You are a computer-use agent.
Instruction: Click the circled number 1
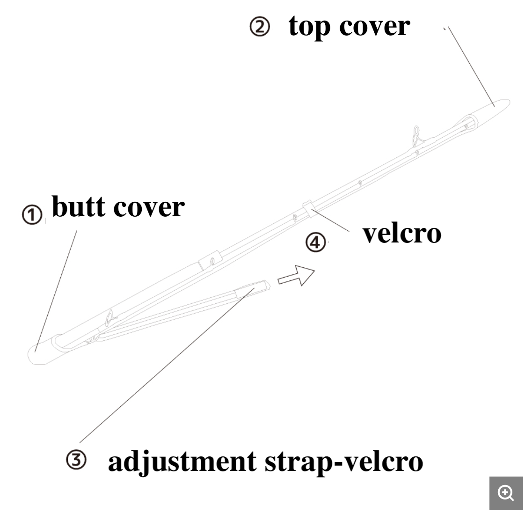[32, 216]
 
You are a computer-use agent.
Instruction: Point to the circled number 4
[315, 242]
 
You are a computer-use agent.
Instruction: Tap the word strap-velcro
[344, 461]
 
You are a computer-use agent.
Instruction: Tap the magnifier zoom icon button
[506, 493]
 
